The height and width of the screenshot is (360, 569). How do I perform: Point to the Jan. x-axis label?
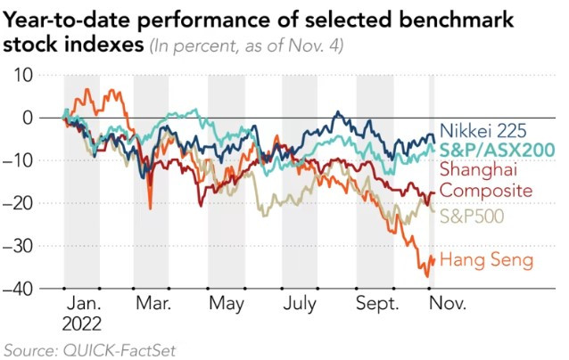point(82,304)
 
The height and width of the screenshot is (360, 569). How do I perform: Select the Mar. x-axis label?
point(153,304)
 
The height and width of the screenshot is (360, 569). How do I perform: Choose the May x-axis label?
point(227,304)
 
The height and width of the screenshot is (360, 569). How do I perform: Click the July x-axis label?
point(300,304)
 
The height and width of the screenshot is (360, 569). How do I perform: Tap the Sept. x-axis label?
point(376,304)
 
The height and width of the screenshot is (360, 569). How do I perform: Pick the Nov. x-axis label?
point(447,304)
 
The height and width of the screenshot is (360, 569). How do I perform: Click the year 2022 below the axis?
point(82,323)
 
